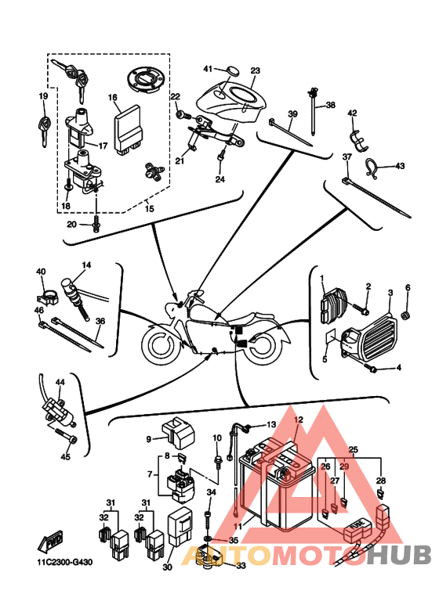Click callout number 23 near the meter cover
(x=255, y=70)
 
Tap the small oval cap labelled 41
(x=232, y=71)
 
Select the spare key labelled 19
(x=45, y=128)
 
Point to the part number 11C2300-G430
(x=62, y=562)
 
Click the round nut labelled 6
(x=405, y=316)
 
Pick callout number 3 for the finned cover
(x=390, y=293)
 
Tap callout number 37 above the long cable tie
(x=347, y=157)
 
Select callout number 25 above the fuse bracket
(x=354, y=449)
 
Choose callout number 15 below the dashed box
(x=149, y=208)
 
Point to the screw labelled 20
(x=96, y=223)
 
